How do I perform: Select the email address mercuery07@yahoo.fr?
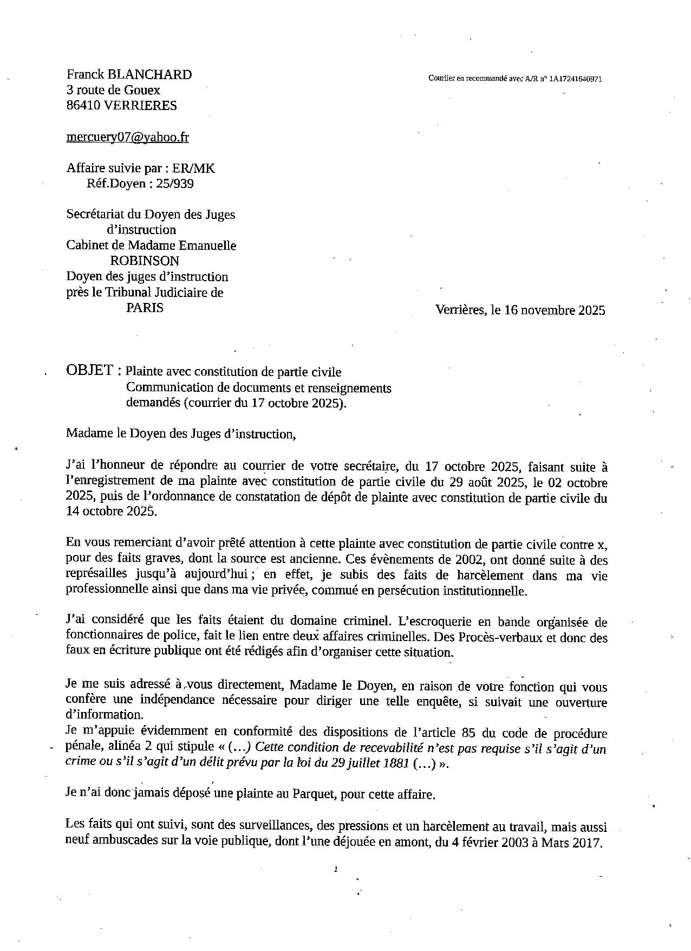coord(127,137)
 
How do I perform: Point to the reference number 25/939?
coord(174,184)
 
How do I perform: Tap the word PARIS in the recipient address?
coord(145,308)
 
